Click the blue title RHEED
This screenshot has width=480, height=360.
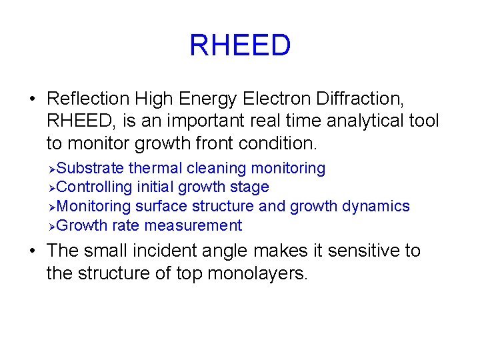click(240, 46)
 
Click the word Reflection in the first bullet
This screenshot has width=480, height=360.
click(88, 99)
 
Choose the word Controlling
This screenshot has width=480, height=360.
click(95, 187)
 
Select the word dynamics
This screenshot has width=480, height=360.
click(376, 207)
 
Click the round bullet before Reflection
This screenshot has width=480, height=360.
click(32, 99)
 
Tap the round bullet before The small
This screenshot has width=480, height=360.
click(32, 251)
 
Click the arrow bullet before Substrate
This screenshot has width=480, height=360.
click(53, 169)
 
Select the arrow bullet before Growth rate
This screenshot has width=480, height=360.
click(53, 227)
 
